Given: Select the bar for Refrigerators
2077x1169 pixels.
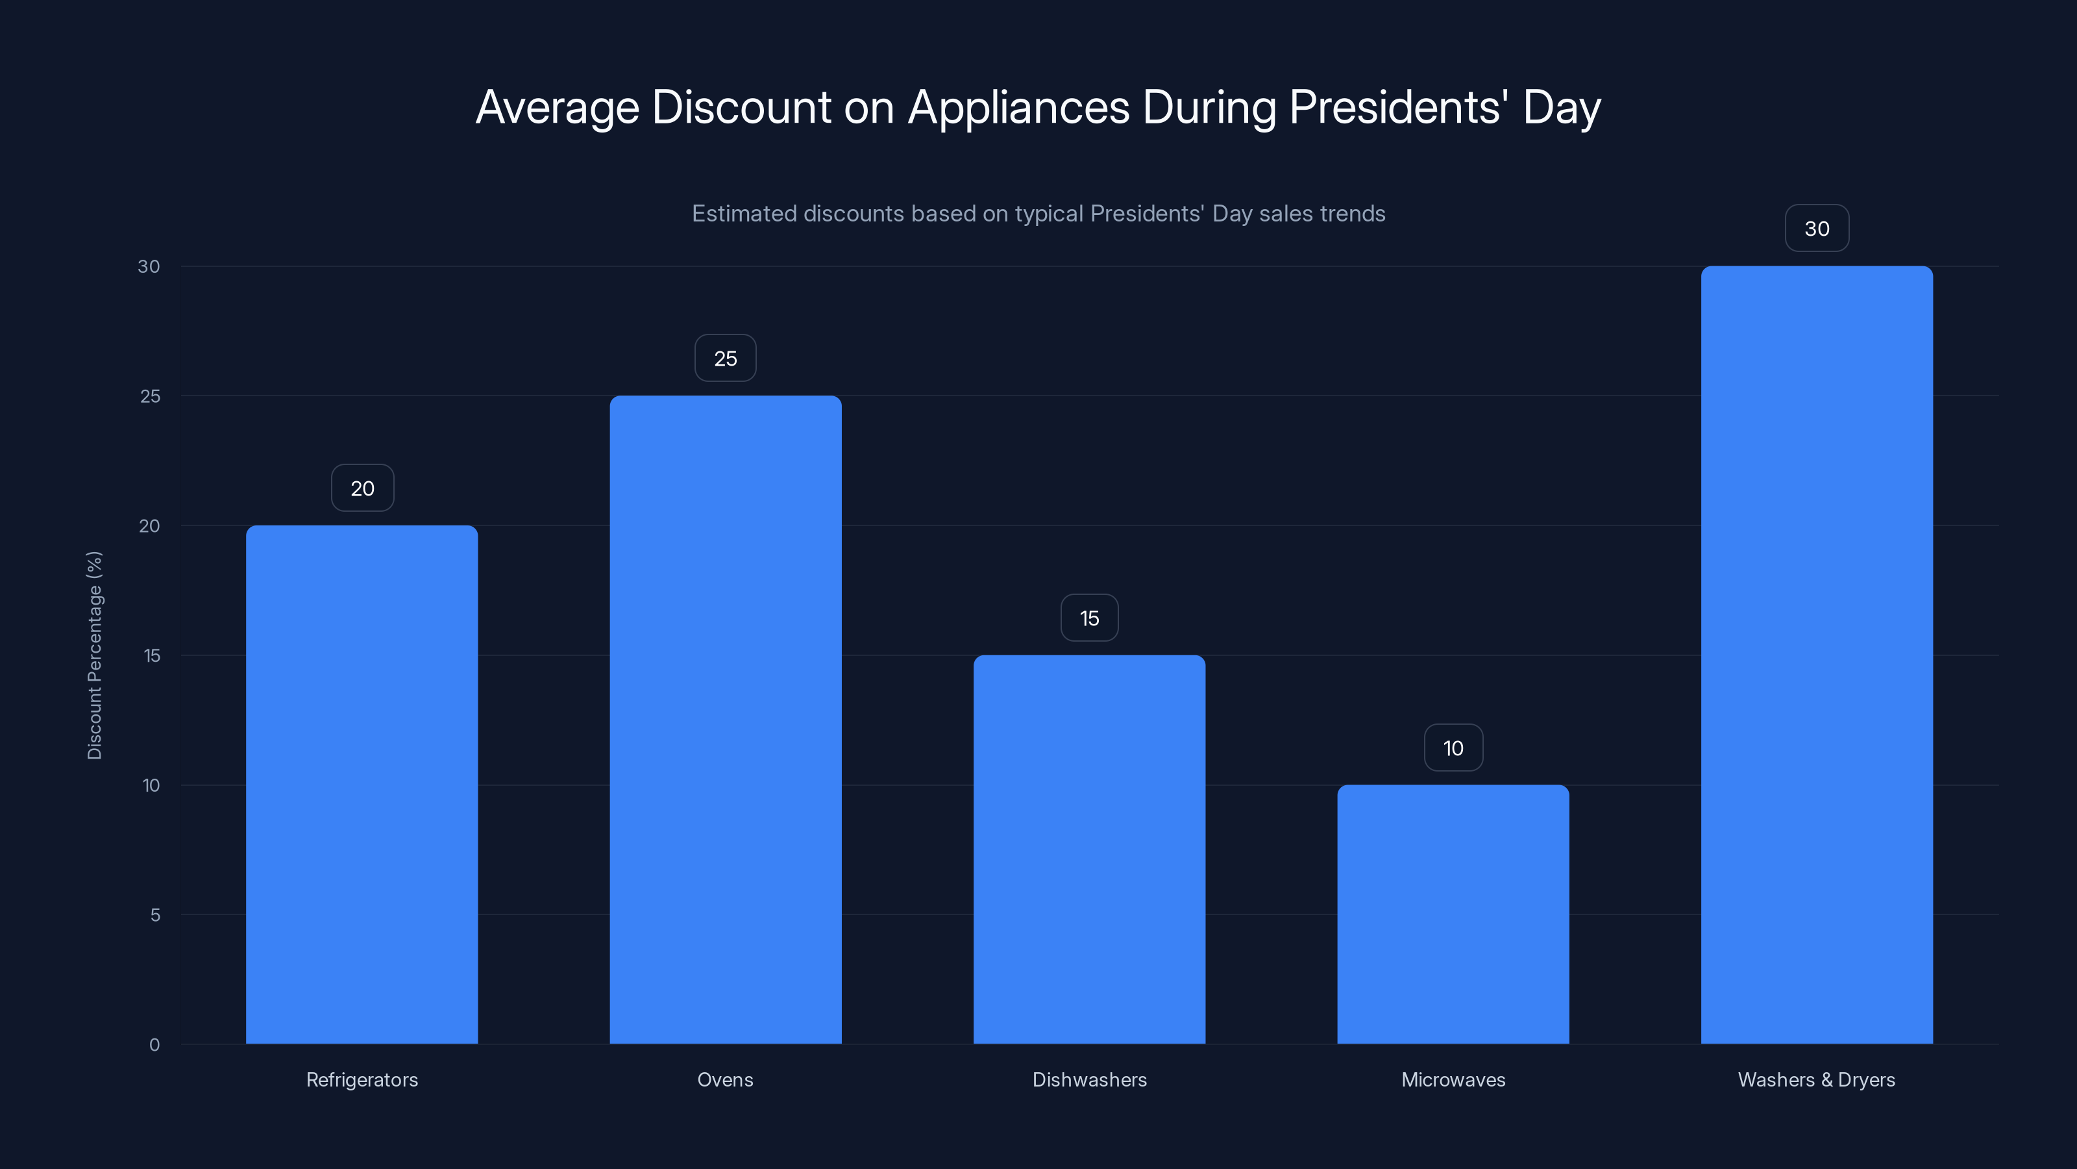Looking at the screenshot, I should click(362, 784).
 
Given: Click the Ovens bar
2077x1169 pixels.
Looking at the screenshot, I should click(725, 719).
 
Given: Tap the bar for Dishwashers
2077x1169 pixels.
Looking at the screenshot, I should click(1088, 849).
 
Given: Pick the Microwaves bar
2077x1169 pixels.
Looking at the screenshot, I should click(1453, 914).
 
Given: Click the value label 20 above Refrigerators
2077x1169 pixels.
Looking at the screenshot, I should click(362, 488).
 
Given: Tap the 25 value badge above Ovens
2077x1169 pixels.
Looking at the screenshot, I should click(725, 358).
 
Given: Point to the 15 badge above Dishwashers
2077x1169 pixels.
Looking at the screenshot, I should click(1089, 618).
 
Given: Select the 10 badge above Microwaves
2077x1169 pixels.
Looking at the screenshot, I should click(1453, 748).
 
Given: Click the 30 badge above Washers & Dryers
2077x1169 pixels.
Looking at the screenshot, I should click(1817, 229).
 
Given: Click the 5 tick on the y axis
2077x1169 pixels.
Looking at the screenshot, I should click(155, 915).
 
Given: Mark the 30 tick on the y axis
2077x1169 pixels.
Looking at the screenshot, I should click(149, 266).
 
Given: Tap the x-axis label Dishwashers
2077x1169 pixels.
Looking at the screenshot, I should click(1089, 1079).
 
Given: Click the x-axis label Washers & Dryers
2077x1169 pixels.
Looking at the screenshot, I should click(1817, 1079).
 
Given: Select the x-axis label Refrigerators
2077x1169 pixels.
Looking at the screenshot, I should click(362, 1079).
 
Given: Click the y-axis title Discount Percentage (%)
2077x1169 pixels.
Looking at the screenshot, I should click(94, 655).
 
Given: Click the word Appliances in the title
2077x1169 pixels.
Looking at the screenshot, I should click(1018, 107).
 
